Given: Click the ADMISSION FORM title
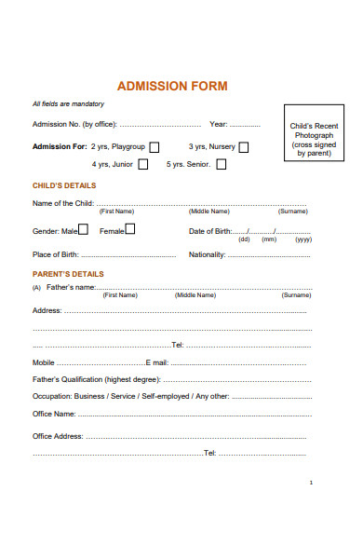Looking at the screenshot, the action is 172,86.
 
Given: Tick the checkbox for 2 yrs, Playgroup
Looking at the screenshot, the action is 155,147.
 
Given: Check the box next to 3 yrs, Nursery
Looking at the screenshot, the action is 244,147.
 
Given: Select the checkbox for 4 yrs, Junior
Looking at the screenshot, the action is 142,165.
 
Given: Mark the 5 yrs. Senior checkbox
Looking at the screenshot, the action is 222,165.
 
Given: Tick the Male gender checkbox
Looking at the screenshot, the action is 84,229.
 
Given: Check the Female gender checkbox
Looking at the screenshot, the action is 129,229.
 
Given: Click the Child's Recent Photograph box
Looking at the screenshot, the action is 314,139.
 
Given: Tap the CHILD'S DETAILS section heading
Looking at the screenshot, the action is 64,186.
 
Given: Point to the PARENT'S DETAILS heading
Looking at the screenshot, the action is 68,274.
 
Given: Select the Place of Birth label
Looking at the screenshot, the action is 55,254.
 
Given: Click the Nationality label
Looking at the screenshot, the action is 209,254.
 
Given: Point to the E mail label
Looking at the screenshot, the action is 156,362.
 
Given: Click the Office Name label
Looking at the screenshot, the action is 54,413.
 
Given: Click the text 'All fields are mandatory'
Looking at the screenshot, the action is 68,104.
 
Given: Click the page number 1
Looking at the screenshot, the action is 310,484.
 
